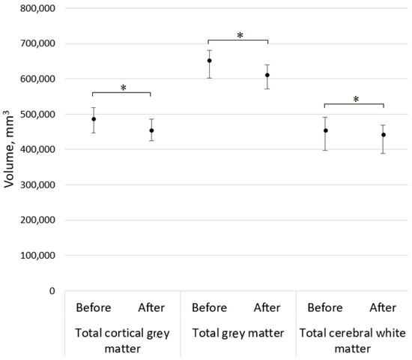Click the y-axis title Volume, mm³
tap(10, 149)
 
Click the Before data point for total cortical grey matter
tap(94, 119)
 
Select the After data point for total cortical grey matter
tap(151, 130)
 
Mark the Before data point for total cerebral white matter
tap(325, 130)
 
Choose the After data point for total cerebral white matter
tap(383, 135)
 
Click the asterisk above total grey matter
tap(239, 35)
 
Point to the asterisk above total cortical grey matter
tap(123, 88)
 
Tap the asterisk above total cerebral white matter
tap(355, 99)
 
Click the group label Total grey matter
tap(238, 331)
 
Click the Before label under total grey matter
tap(209, 307)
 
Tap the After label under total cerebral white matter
tap(383, 307)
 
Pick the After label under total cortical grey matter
tap(151, 307)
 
